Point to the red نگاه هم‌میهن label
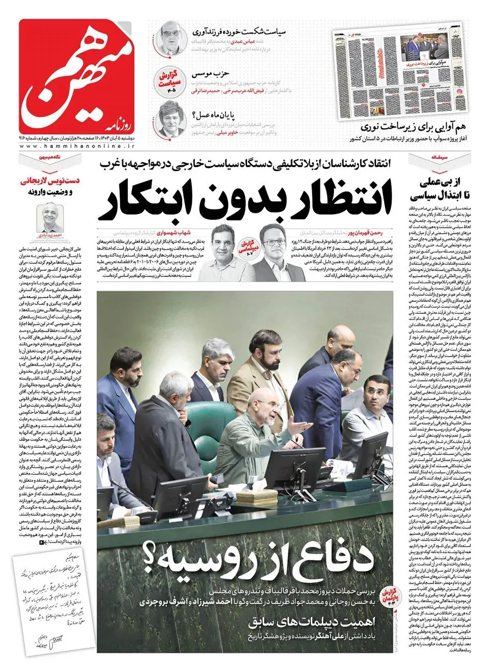[52, 156]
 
